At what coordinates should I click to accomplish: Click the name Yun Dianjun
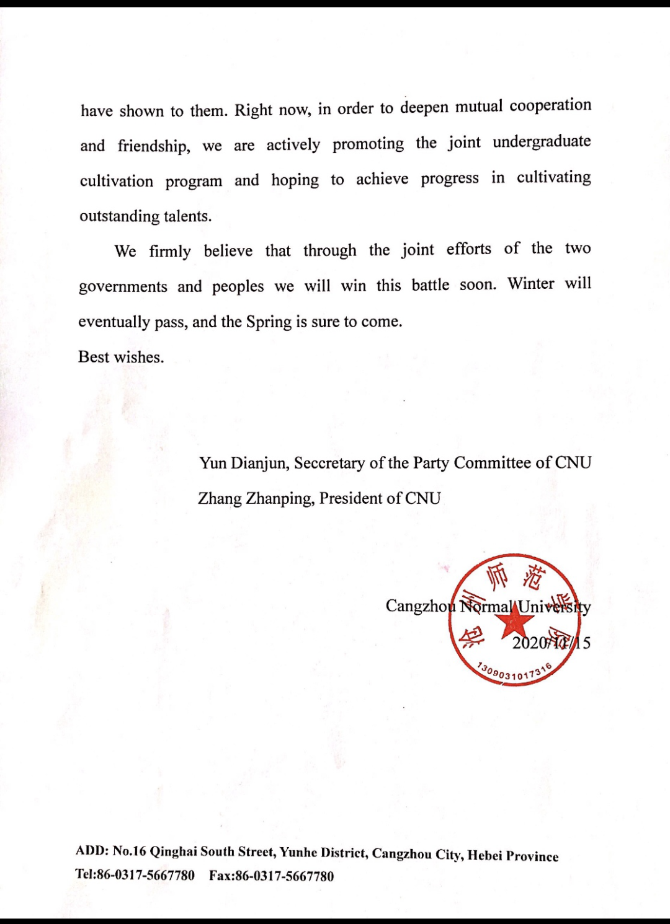click(243, 464)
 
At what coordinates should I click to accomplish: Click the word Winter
click(530, 284)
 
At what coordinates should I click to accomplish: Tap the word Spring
click(269, 322)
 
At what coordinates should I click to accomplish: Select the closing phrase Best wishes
click(121, 357)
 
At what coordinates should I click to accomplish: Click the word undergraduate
click(542, 142)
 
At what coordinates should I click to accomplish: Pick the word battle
click(430, 285)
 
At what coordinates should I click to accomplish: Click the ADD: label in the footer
click(92, 851)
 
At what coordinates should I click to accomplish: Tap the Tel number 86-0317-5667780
click(145, 875)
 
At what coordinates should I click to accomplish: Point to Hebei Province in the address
click(512, 856)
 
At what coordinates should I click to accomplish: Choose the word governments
click(123, 287)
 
